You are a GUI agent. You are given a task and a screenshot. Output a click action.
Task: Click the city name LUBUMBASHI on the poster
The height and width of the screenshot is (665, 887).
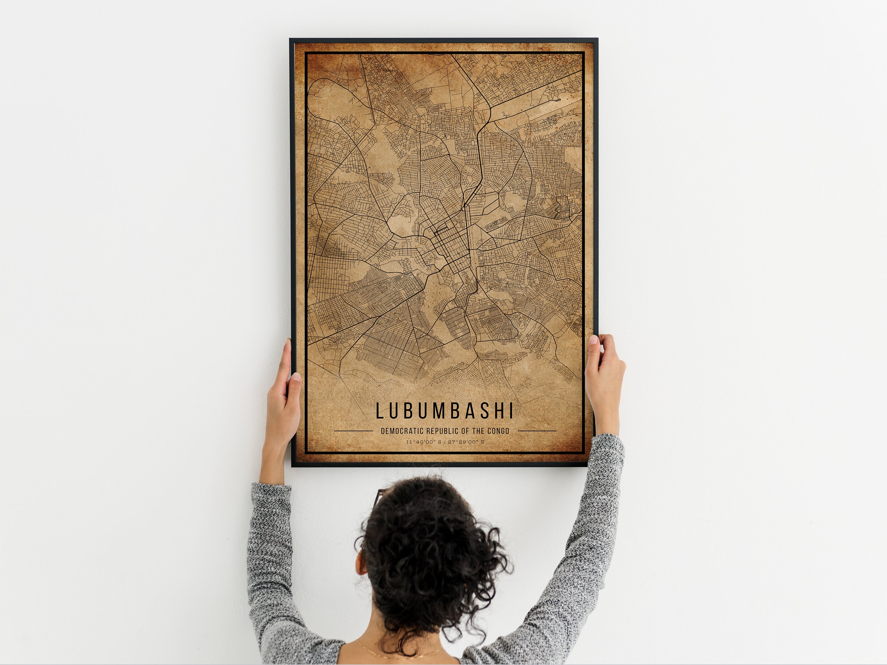pos(444,411)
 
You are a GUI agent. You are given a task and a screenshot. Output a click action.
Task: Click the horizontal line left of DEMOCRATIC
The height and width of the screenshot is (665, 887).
pos(353,431)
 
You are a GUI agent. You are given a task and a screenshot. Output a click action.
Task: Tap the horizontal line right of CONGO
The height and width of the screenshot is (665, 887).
pos(537,431)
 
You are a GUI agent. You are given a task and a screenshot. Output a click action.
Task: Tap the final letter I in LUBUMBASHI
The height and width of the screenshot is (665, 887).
pos(511,411)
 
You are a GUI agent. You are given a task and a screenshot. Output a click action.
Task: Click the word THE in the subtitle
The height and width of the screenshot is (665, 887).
pos(479,431)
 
